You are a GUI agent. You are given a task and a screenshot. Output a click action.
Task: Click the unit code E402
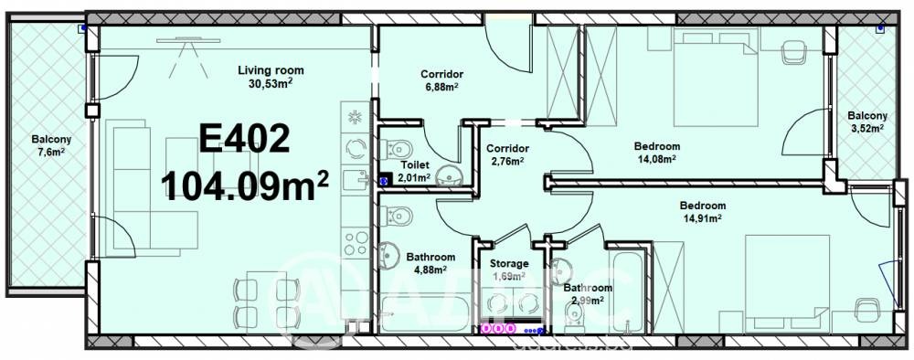click(x=244, y=142)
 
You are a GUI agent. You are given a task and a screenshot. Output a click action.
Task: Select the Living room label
click(x=271, y=70)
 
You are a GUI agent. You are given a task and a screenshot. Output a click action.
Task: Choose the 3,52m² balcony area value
click(x=866, y=129)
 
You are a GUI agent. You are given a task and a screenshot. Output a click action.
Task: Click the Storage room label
click(x=510, y=263)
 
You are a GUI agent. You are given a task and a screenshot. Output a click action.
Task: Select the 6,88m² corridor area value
click(x=442, y=88)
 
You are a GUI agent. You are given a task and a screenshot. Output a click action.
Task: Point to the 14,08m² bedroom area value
click(x=657, y=159)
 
